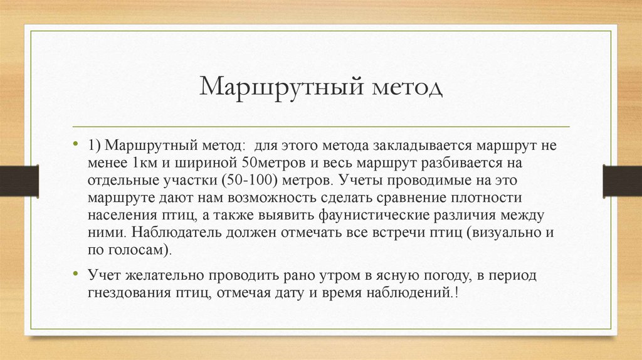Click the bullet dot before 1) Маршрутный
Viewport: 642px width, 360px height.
point(76,144)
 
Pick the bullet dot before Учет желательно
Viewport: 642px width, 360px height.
point(76,275)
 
